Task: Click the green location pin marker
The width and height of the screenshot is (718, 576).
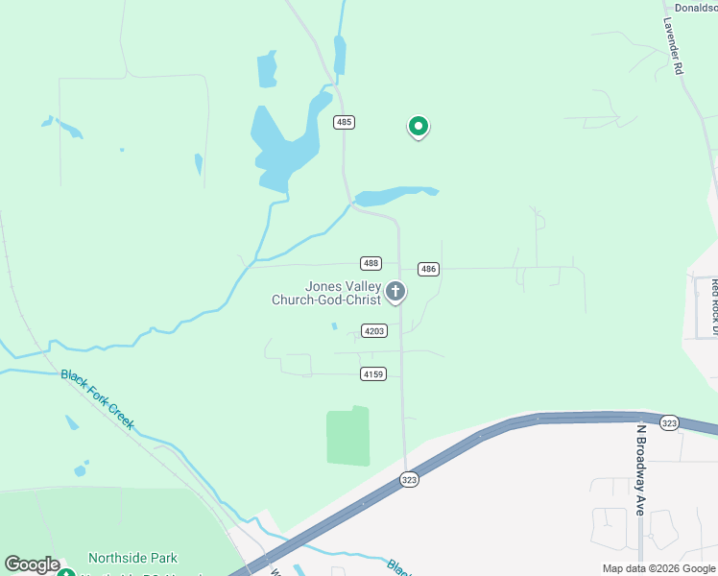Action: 418,126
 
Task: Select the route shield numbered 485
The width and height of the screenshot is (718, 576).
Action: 345,122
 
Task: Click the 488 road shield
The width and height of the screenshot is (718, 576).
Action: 371,263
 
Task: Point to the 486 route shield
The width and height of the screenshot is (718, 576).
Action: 428,269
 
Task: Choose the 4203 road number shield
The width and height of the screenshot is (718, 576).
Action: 374,331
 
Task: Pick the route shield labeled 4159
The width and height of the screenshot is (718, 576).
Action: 374,372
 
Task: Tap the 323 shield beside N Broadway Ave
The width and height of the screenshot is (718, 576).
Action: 670,422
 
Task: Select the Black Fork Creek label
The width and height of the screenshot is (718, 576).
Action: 98,398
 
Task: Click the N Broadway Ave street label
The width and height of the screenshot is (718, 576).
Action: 637,469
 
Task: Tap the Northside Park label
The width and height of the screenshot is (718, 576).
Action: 132,558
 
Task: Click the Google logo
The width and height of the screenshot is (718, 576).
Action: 32,564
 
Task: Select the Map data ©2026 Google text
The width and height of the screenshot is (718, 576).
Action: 658,568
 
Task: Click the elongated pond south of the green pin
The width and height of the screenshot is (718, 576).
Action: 394,196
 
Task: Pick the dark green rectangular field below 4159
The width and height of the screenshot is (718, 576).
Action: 347,437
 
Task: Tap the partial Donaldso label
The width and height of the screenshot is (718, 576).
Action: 695,8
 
